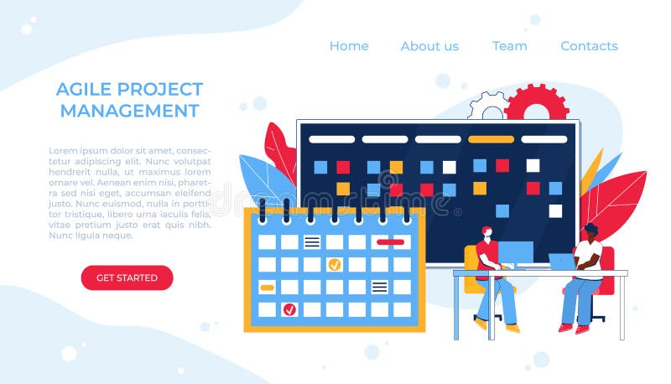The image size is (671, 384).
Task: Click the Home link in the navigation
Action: pos(349,46)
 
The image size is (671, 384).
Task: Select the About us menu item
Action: pos(429,46)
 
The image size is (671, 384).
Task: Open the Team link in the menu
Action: pos(509,46)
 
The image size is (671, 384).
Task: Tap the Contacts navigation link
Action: pos(589,46)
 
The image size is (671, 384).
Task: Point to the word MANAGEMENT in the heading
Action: pos(129,111)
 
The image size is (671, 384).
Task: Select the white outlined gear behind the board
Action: pos(487,106)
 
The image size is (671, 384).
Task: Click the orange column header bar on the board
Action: pos(491,139)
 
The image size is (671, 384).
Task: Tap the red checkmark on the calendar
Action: pos(289,309)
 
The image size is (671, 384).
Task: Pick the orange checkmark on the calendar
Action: pos(334,265)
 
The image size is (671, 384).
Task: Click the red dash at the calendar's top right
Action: pos(390,242)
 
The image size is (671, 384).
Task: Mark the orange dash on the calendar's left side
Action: pos(267,288)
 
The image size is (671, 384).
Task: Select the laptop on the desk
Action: pos(559,262)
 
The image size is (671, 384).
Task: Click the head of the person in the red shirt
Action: pos(487,232)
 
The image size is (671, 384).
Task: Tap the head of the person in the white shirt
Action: pos(590,230)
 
